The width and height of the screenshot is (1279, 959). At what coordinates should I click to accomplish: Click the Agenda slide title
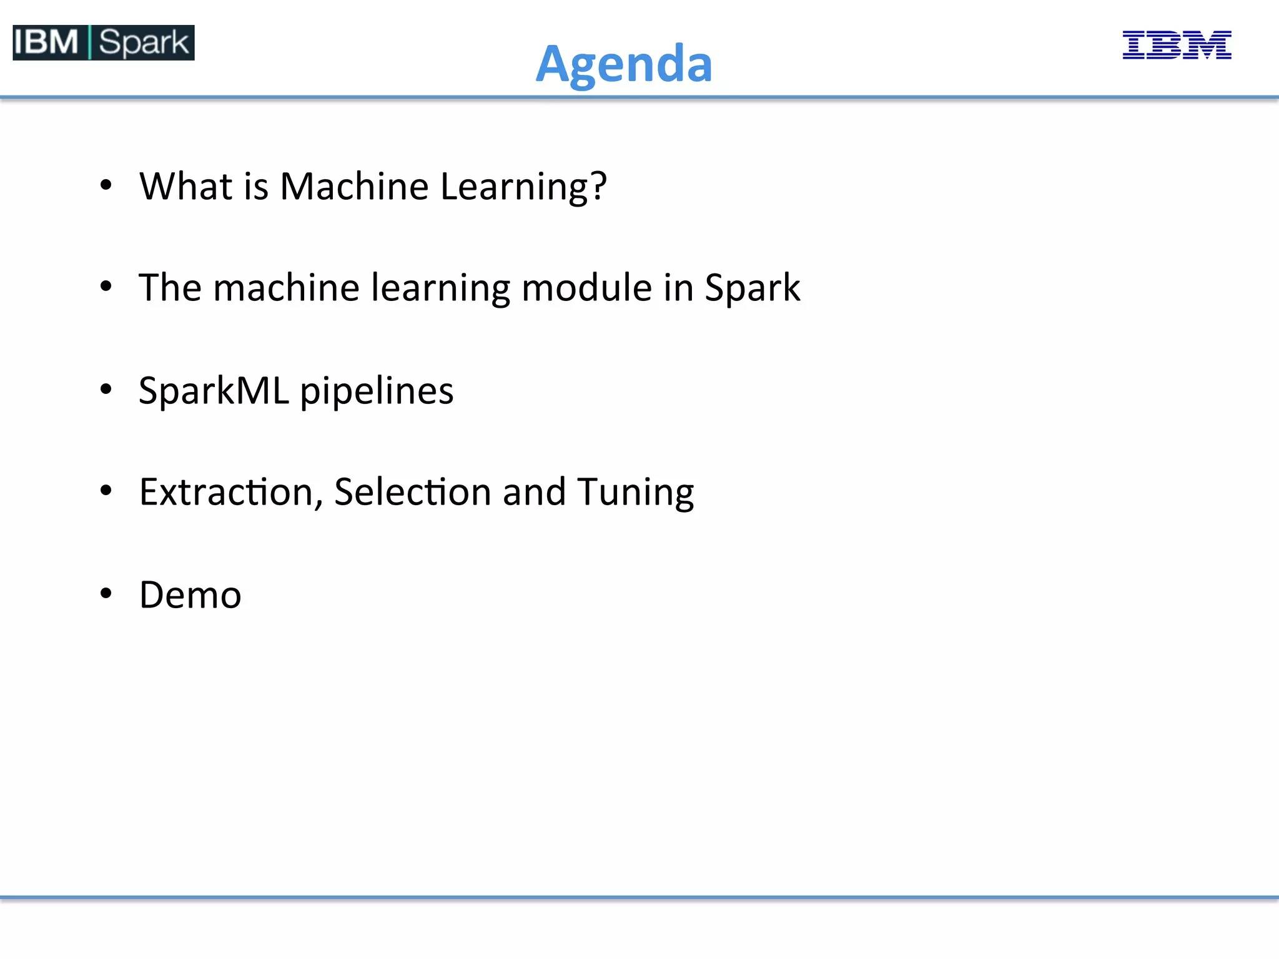coord(624,64)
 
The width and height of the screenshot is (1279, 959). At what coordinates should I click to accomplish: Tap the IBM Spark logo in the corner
coord(104,42)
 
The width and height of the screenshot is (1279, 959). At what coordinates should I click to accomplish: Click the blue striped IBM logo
coord(1177,45)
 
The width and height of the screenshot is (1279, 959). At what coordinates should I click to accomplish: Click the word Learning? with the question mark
coord(523,187)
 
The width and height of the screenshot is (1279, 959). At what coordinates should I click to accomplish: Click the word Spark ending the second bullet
coord(752,289)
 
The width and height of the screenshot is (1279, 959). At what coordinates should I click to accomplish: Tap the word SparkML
coord(214,391)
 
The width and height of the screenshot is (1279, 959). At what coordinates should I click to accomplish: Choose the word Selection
coord(413,492)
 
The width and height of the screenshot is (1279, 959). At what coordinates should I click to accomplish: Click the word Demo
coord(190,594)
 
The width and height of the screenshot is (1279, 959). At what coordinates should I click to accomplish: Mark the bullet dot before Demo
coord(106,593)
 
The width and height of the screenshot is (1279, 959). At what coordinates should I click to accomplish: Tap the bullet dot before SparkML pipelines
coord(106,389)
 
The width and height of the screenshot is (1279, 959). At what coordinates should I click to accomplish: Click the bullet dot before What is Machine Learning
coord(106,185)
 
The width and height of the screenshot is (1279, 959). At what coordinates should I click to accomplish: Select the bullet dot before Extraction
coord(106,491)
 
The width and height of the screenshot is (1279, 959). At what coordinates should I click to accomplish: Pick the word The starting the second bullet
coord(170,288)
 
